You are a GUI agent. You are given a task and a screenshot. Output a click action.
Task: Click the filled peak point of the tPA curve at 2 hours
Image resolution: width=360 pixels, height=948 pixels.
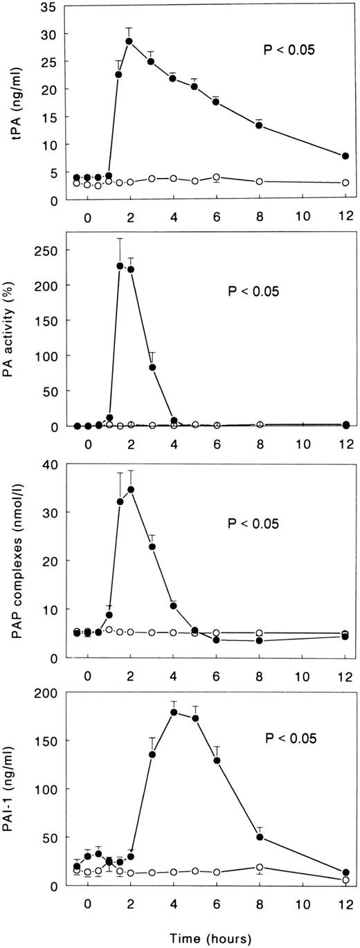click(129, 41)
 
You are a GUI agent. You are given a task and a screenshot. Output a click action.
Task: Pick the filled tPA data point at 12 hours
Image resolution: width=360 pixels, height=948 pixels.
click(345, 156)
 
